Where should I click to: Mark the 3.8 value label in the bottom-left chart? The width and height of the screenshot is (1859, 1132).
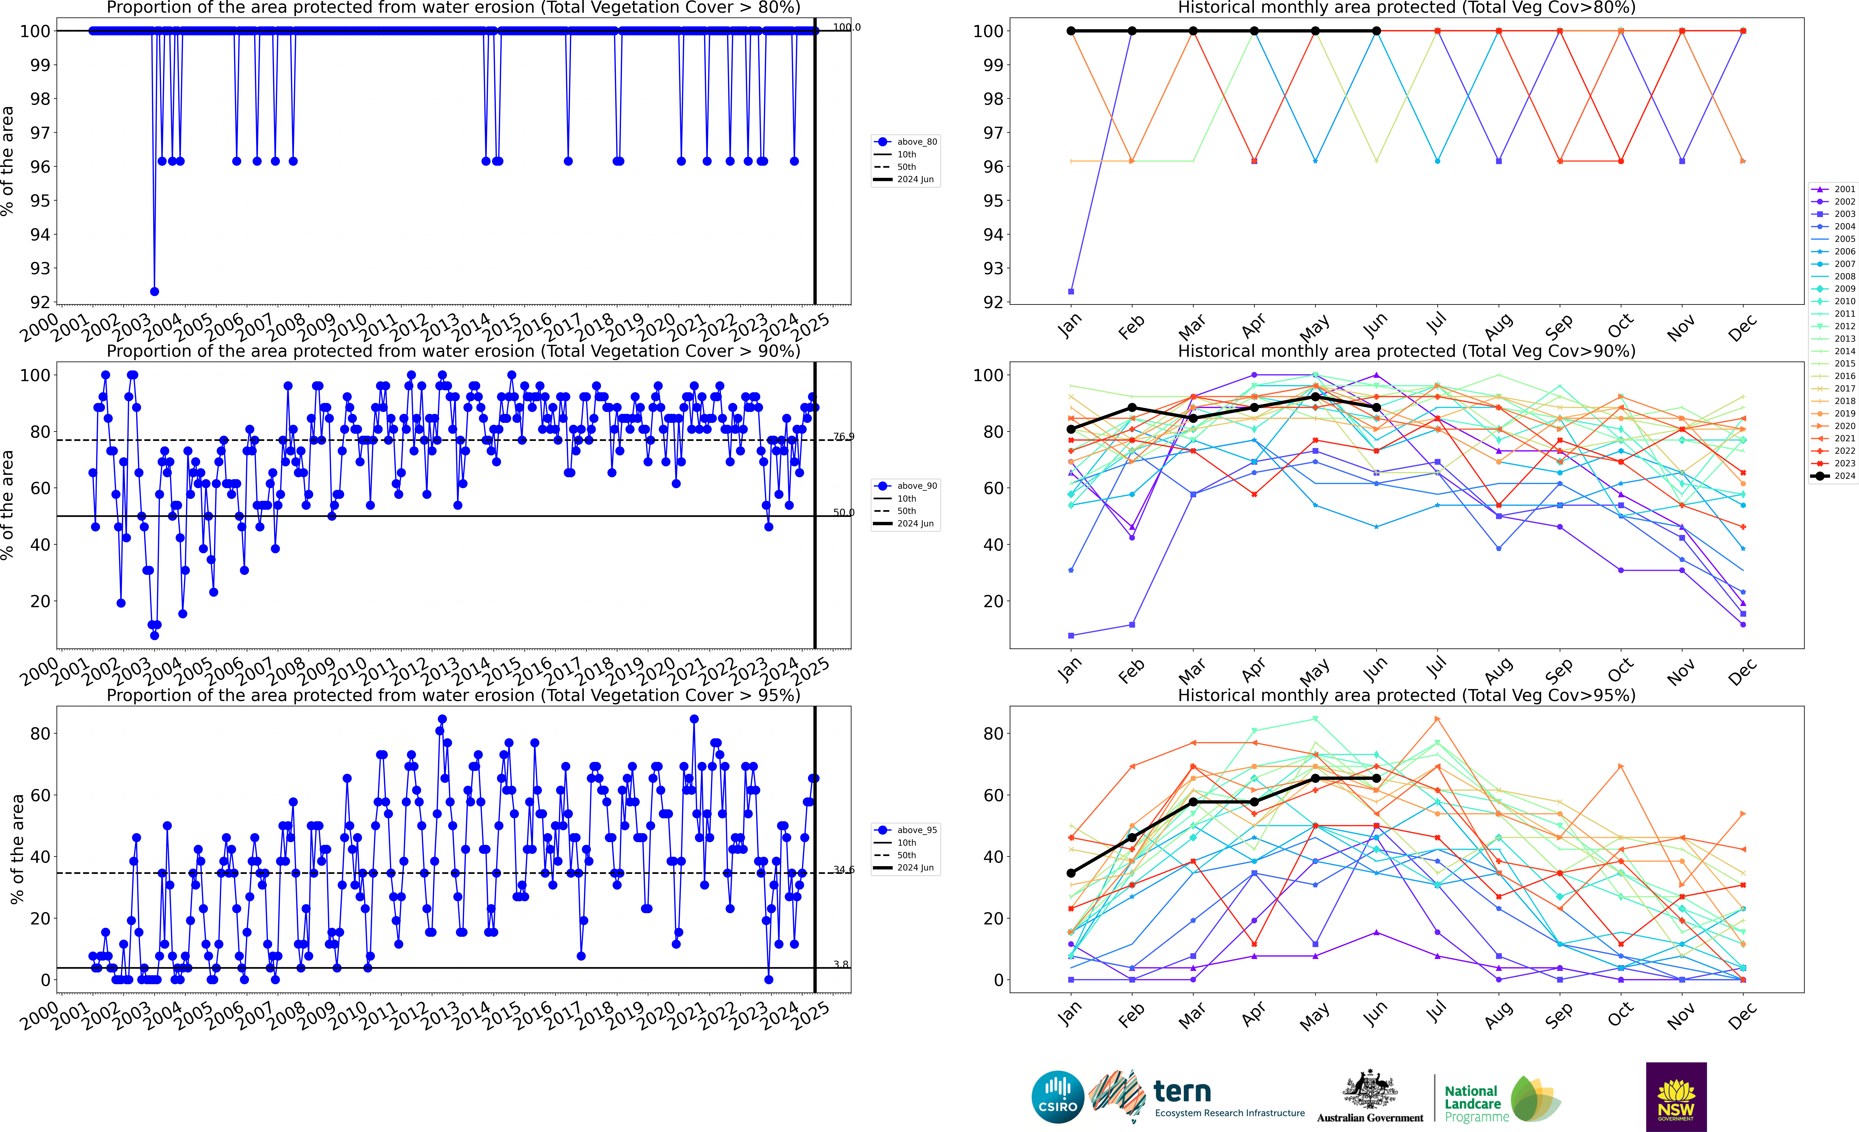click(x=841, y=965)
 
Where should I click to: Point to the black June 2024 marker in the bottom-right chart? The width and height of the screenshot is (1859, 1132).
click(x=1376, y=778)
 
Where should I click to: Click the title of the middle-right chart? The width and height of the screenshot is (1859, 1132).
click(x=1406, y=351)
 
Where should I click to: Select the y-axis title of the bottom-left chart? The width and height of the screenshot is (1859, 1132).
click(x=17, y=849)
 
